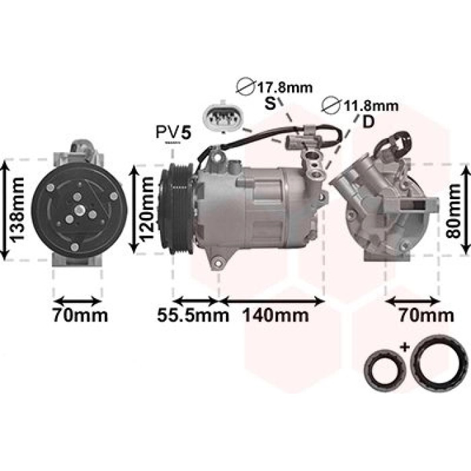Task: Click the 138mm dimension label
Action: point(17,210)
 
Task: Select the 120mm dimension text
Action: point(147,210)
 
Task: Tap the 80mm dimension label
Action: point(454,211)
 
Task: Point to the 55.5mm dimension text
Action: point(193,316)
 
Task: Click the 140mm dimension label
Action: point(275,316)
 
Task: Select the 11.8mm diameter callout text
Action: point(371,106)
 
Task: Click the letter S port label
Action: point(270,104)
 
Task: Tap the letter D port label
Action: point(369,122)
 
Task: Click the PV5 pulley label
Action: point(174,133)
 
